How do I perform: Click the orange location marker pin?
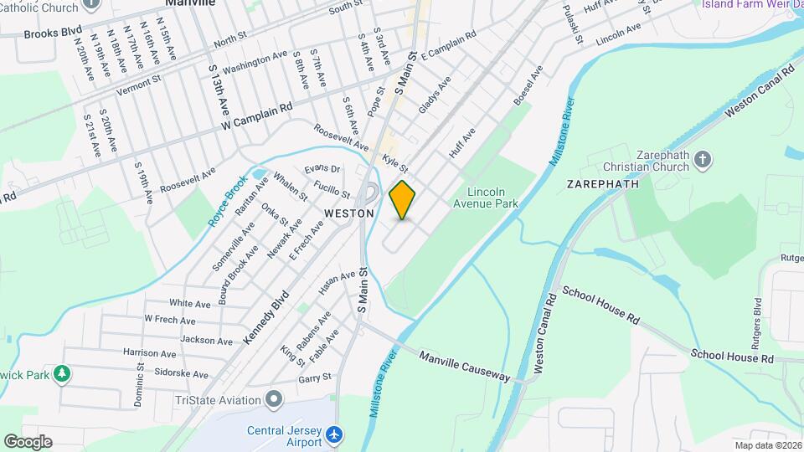coord(403,200)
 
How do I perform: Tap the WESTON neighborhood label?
coord(348,213)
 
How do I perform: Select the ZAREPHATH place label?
coord(603,183)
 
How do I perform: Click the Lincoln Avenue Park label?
coord(487,198)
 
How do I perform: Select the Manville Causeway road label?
coord(465,367)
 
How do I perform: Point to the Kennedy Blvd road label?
coord(266,316)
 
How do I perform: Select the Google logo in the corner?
coord(28,441)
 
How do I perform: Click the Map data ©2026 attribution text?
coord(767,445)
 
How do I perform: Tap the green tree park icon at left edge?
coord(61,373)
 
